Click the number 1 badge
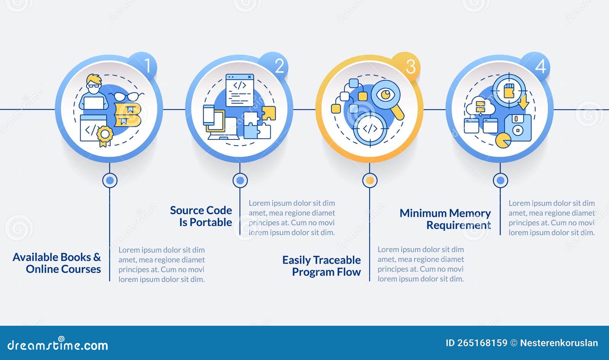pyautogui.click(x=143, y=65)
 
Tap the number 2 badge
pyautogui.click(x=274, y=65)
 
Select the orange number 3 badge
pyautogui.click(x=406, y=66)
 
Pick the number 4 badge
pyautogui.click(x=536, y=66)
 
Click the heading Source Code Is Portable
pyautogui.click(x=201, y=216)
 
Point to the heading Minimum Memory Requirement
pyautogui.click(x=445, y=219)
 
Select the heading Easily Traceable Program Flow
pyautogui.click(x=321, y=266)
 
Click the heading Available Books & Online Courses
pyautogui.click(x=57, y=263)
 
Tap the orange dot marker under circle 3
pyautogui.click(x=370, y=180)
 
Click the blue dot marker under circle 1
pyautogui.click(x=110, y=180)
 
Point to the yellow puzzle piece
pyautogui.click(x=268, y=113)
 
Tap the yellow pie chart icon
pyautogui.click(x=503, y=140)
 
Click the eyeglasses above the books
pyautogui.click(x=126, y=96)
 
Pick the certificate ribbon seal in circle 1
pyautogui.click(x=105, y=136)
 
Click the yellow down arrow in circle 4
pyautogui.click(x=523, y=102)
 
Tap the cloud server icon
pyautogui.click(x=480, y=107)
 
